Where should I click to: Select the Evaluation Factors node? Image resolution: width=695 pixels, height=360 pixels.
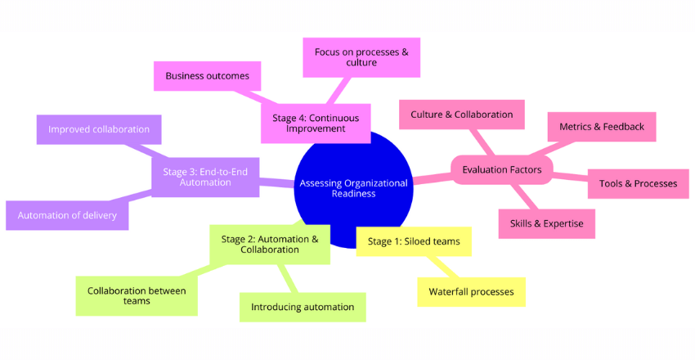(501, 169)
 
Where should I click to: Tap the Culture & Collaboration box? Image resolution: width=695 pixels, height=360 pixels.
(461, 115)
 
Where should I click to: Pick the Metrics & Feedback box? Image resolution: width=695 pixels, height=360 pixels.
(601, 127)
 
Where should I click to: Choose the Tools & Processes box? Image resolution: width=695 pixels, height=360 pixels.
(638, 183)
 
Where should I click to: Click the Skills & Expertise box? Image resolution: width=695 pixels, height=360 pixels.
(546, 223)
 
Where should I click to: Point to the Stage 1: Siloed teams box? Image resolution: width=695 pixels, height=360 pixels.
(414, 241)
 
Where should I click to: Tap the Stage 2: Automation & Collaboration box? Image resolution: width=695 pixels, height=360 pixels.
(270, 244)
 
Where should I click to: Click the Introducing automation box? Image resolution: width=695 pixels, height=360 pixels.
(303, 307)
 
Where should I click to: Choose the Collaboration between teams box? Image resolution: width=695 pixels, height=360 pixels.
(137, 295)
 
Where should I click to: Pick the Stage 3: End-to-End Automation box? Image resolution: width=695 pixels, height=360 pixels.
(204, 177)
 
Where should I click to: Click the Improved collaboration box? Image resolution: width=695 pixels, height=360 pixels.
(99, 129)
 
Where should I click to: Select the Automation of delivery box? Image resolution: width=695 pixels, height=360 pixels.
(67, 215)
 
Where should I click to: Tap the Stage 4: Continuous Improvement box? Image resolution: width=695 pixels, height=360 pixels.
(316, 123)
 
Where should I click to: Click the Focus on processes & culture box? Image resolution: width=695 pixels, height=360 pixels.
(361, 56)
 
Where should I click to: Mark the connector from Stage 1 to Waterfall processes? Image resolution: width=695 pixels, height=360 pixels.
(442, 267)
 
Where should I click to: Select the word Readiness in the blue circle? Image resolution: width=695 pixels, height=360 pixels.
(354, 194)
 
